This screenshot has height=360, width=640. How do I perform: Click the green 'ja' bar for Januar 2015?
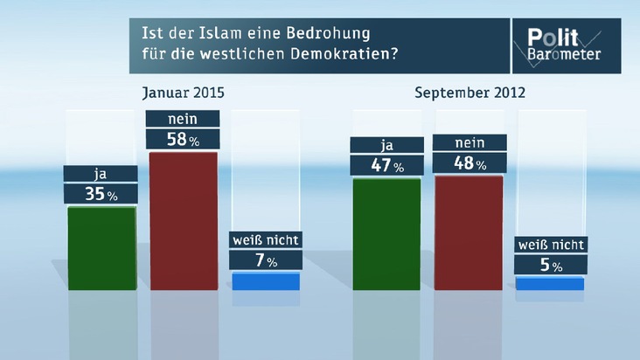(x=101, y=248)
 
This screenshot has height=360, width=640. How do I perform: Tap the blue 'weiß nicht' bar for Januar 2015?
(x=266, y=281)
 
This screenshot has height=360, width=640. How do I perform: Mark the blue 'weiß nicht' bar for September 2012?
(x=550, y=283)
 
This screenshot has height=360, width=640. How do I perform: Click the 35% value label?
(x=101, y=194)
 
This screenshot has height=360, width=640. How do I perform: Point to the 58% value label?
(x=184, y=138)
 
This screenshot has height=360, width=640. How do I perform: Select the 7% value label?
(x=266, y=260)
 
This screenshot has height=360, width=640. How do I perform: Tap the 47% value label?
(x=386, y=164)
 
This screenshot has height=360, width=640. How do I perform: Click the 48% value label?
(x=469, y=163)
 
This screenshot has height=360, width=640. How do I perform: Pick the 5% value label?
(x=551, y=265)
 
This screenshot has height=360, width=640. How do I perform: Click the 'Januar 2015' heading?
(x=189, y=92)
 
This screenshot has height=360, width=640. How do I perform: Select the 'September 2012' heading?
(x=470, y=92)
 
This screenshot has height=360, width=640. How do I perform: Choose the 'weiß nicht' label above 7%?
(x=266, y=239)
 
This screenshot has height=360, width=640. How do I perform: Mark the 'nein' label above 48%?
(x=469, y=143)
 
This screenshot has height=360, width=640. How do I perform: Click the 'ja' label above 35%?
(x=101, y=174)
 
